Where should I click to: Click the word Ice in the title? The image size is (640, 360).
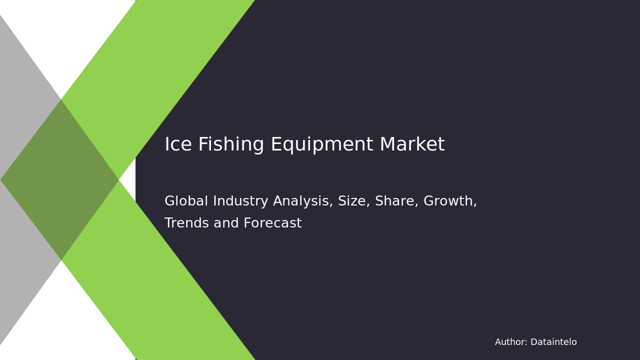coord(177,145)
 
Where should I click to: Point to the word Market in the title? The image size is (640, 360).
coord(412,145)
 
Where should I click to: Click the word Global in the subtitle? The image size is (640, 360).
coord(185,201)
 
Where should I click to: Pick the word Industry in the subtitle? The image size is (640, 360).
coord(236,201)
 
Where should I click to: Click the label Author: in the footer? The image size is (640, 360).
coord(511,342)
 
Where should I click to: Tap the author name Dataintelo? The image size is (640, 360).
coord(553,342)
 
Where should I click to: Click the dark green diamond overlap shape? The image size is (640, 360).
coord(60,179)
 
